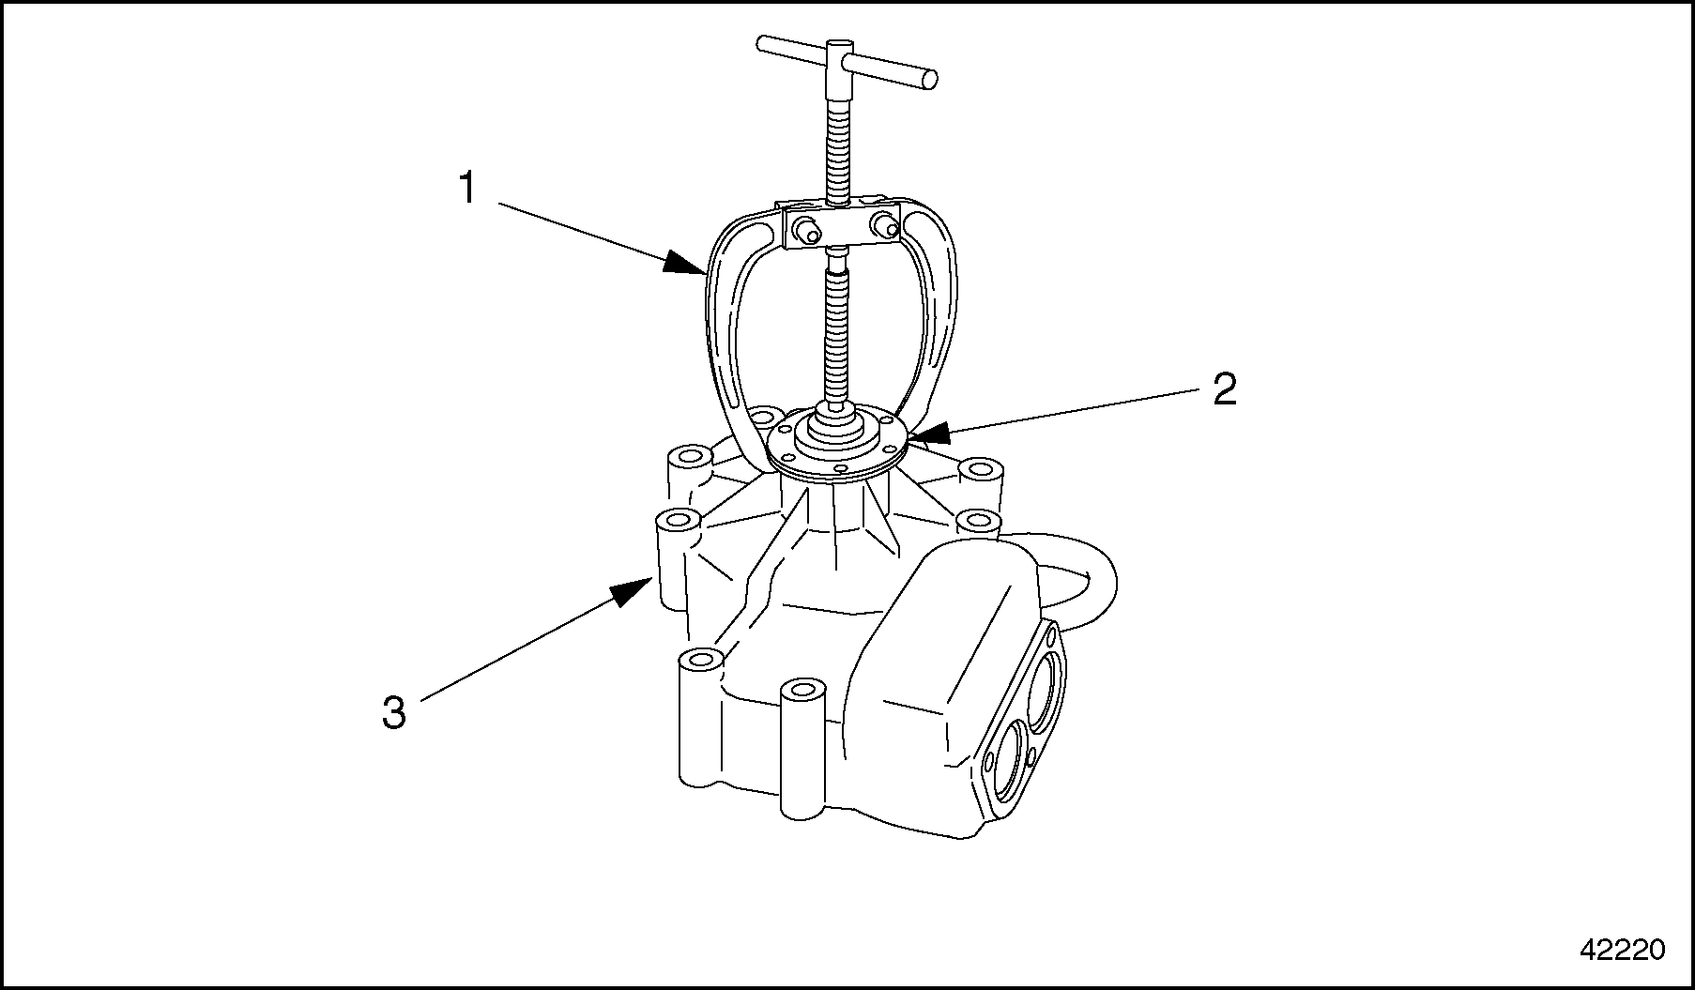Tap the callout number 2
pyautogui.click(x=1224, y=389)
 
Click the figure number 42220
pyautogui.click(x=1622, y=950)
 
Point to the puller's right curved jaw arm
pyautogui.click(x=943, y=310)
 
